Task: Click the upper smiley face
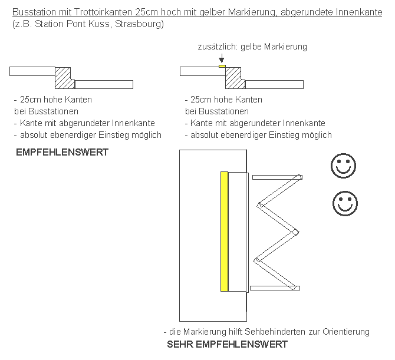point(342,166)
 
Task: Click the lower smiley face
point(345,203)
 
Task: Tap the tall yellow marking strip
point(224,231)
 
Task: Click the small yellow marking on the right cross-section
point(222,67)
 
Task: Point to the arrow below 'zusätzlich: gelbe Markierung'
point(222,58)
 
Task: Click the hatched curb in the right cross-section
point(233,75)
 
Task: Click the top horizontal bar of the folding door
point(276,176)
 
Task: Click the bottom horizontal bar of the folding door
point(275,288)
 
